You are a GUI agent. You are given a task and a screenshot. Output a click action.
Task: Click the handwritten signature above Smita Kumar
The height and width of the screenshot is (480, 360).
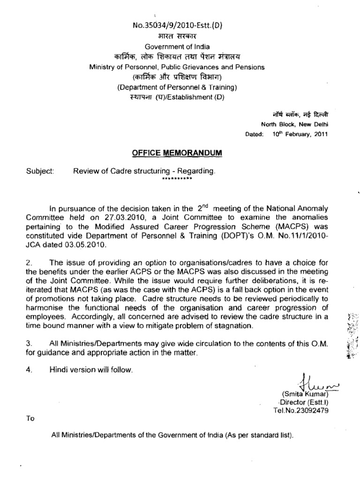(310, 382)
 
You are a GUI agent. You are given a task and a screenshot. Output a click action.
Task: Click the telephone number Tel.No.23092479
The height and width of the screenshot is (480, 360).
(300, 411)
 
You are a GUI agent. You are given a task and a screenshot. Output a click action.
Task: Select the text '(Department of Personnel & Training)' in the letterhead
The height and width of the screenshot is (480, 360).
(177, 87)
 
